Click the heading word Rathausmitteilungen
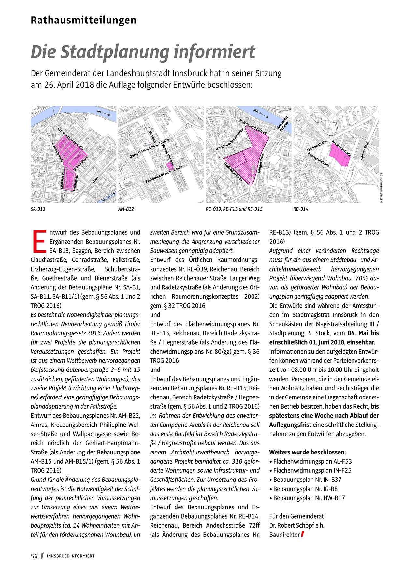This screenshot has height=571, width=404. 83,20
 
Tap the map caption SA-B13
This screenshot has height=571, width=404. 38,209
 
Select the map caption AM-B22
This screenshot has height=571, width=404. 126,209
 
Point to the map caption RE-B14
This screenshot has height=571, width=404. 301,209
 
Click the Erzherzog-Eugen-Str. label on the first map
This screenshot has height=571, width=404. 71,139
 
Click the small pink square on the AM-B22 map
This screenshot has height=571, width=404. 169,166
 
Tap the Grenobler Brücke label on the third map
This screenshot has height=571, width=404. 282,123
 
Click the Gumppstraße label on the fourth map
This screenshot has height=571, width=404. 317,146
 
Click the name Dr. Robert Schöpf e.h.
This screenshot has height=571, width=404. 296,525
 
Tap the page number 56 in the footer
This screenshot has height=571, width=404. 34,556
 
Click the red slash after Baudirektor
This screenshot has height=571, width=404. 303,534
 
